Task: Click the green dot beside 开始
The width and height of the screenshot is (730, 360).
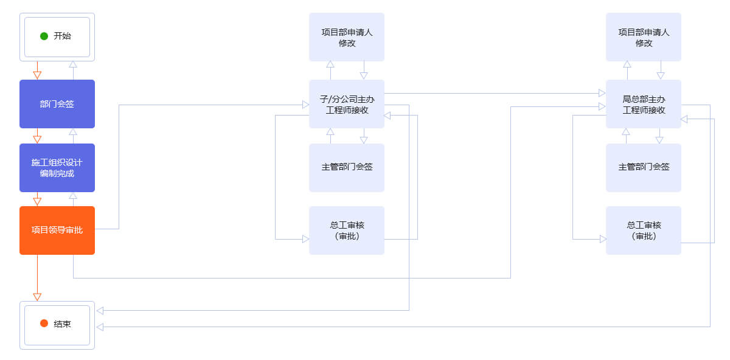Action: click(44, 36)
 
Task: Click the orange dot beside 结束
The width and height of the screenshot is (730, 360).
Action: click(44, 324)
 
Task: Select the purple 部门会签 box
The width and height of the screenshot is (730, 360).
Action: click(57, 104)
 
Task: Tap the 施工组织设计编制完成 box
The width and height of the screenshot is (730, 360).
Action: click(57, 168)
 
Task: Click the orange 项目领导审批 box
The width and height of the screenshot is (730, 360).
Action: click(57, 230)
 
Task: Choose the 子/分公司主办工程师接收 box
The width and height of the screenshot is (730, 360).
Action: click(347, 104)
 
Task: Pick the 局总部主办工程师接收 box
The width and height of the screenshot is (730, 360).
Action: click(644, 104)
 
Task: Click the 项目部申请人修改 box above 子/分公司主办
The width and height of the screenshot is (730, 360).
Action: click(347, 37)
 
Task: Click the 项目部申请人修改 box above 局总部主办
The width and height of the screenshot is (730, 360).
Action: click(644, 37)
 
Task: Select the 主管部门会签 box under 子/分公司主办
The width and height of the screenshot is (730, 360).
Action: click(347, 168)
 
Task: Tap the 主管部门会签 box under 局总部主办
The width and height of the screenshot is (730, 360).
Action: click(644, 168)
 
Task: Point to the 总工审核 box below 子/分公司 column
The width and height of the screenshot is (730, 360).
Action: click(347, 230)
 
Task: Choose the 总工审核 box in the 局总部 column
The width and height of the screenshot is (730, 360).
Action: click(644, 230)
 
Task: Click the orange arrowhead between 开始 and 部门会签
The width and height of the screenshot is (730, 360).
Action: click(37, 75)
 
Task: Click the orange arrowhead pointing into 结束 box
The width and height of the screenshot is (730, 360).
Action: click(37, 297)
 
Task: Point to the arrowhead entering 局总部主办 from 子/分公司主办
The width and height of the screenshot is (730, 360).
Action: click(602, 93)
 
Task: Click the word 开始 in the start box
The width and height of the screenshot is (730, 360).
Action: click(62, 36)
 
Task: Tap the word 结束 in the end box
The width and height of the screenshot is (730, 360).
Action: click(62, 324)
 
